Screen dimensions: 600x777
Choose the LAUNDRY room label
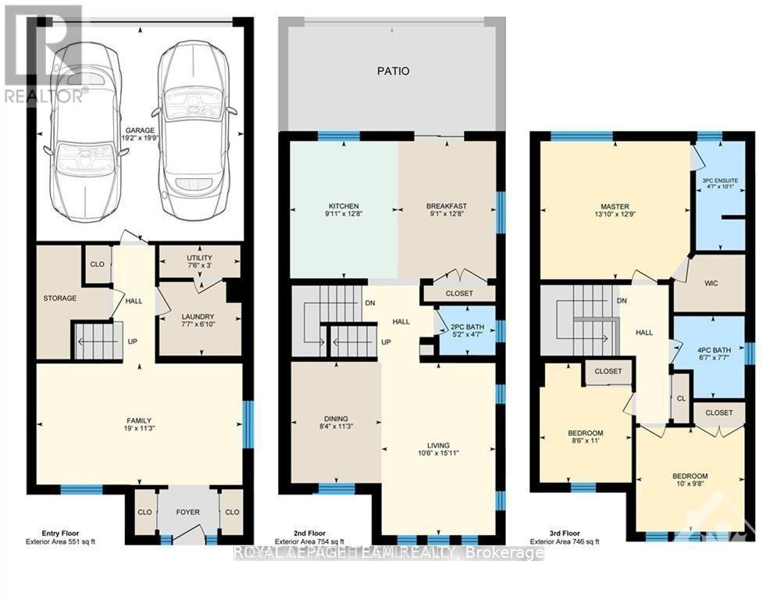(x=199, y=316)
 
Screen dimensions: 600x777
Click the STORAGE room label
(x=60, y=298)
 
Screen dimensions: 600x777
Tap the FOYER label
(x=187, y=512)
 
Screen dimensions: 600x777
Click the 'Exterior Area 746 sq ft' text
(x=565, y=541)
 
